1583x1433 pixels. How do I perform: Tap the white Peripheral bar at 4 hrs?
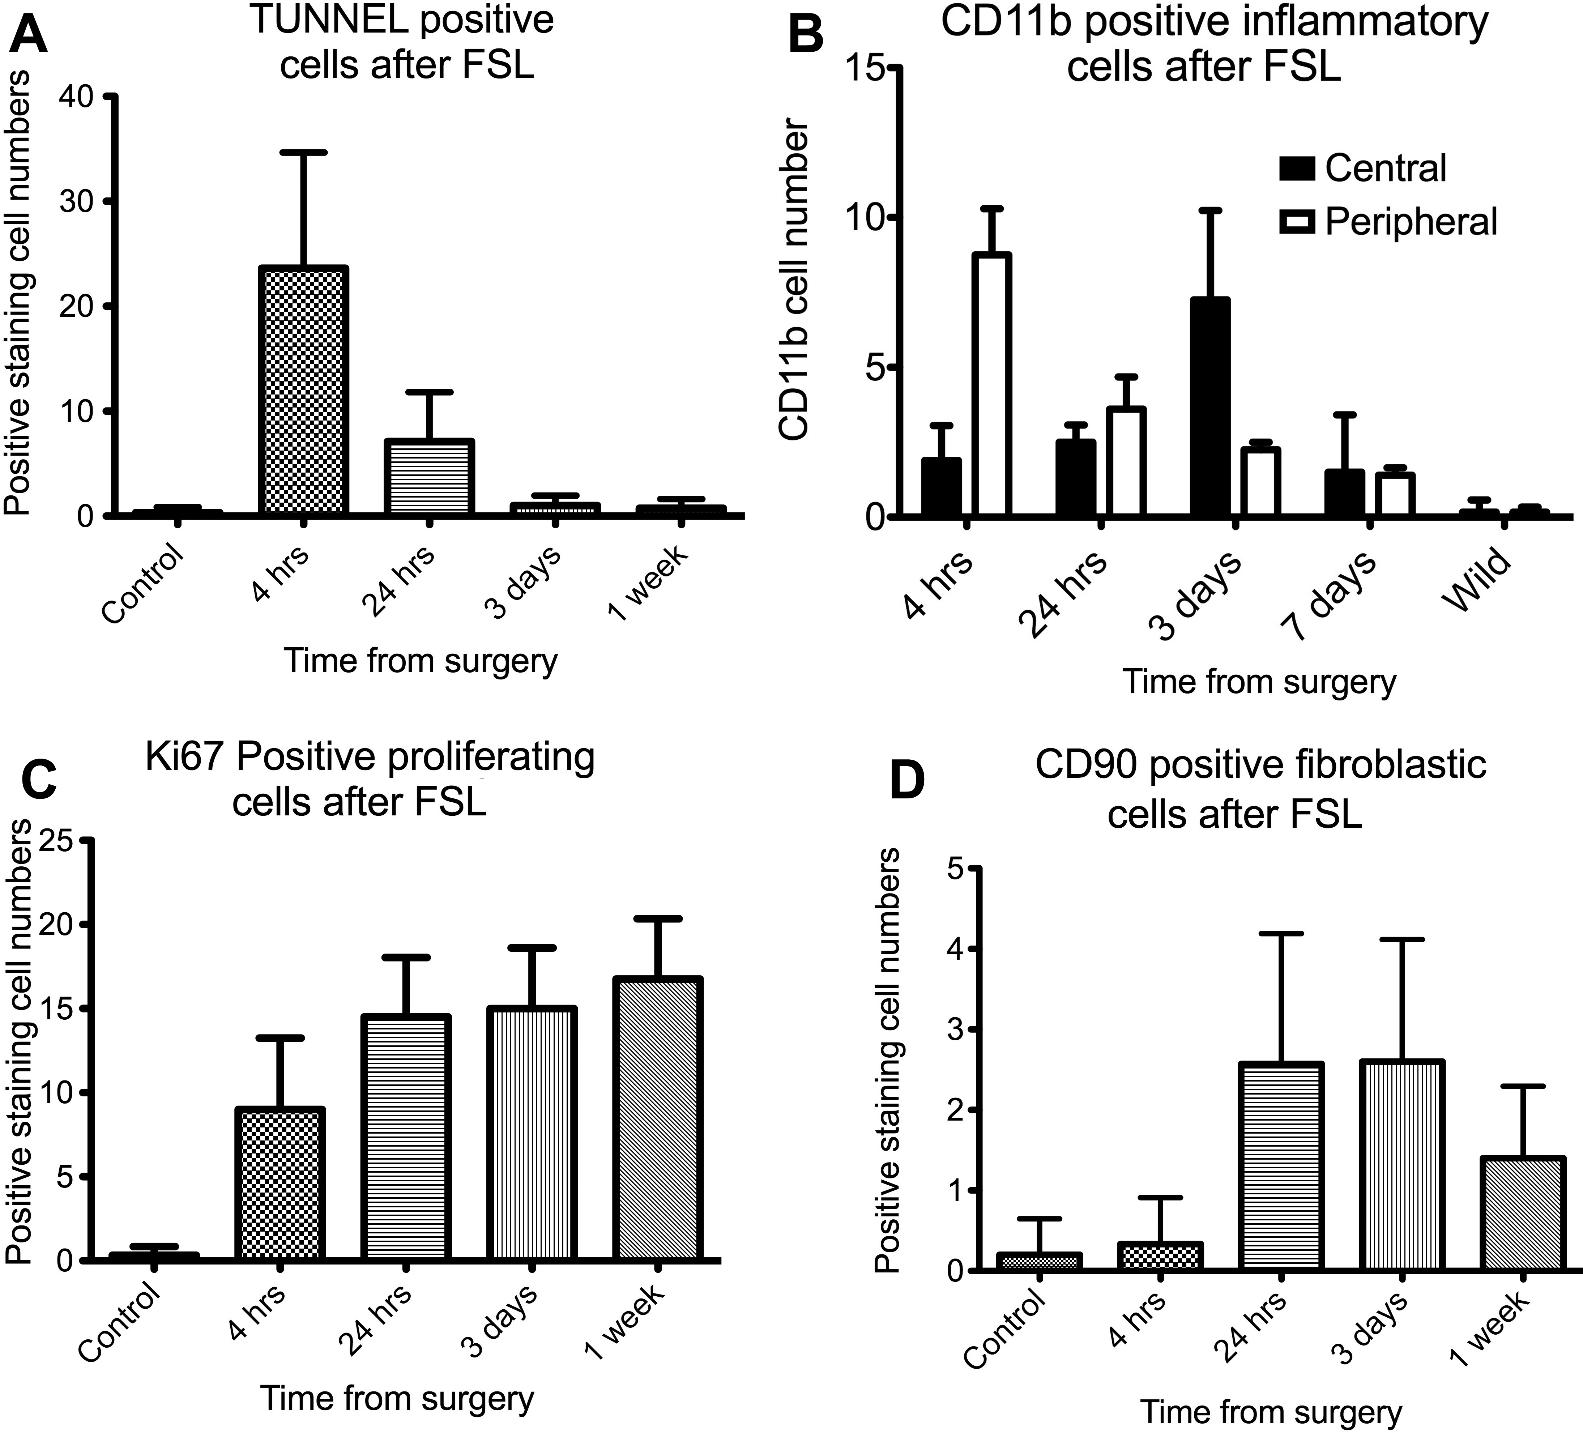(992, 385)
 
